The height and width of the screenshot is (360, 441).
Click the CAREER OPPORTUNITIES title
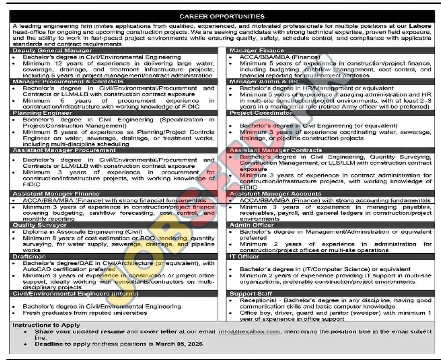222,16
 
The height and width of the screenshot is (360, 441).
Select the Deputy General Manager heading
52,50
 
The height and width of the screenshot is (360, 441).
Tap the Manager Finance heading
257,50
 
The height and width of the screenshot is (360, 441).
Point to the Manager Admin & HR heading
263,81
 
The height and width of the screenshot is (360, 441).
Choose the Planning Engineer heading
42,113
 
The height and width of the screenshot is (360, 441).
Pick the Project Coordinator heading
261,113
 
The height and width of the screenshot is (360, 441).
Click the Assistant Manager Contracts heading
275,150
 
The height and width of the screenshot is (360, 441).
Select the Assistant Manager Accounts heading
275,194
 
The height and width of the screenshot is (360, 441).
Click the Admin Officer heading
252,225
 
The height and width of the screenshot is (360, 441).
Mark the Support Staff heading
250,294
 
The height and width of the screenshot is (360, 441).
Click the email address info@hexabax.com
249,331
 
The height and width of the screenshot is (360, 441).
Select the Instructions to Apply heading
46,325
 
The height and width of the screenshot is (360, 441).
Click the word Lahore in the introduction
420,26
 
